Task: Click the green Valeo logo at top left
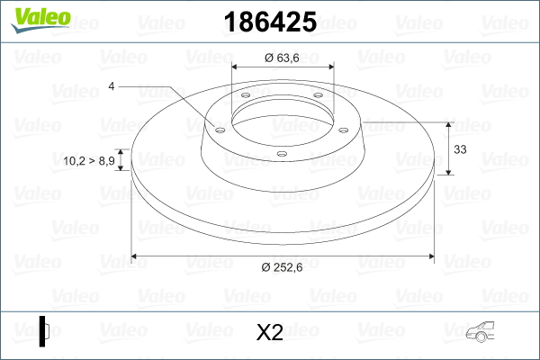(x=40, y=20)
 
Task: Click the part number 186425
(x=270, y=22)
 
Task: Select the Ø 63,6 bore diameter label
(x=282, y=58)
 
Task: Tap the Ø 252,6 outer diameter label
(x=282, y=267)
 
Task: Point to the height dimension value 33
(x=460, y=149)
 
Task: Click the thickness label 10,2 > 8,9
(x=89, y=160)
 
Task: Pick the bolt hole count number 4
(x=111, y=86)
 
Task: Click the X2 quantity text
(x=270, y=332)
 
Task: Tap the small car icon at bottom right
(x=480, y=331)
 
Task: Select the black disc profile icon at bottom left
(x=44, y=331)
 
